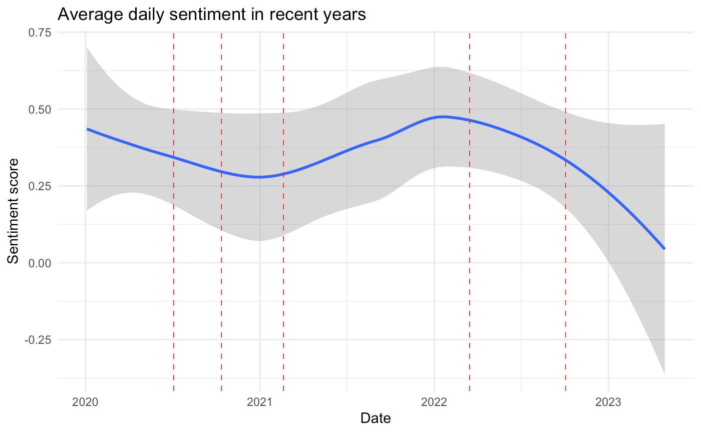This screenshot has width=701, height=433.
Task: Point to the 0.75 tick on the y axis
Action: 40,32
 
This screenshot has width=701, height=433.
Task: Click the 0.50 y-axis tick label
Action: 40,110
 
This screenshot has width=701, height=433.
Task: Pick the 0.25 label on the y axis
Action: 40,186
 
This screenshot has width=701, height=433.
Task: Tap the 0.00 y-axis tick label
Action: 40,263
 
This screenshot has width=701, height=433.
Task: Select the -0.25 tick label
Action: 38,340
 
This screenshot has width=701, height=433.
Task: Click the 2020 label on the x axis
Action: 85,402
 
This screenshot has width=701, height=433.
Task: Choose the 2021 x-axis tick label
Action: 260,402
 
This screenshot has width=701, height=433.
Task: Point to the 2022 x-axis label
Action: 434,402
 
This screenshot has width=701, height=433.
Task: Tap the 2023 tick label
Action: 608,402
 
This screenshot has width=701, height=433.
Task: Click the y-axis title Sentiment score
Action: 13,211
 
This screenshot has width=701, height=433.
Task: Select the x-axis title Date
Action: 376,418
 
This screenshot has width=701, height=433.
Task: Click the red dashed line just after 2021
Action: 283,211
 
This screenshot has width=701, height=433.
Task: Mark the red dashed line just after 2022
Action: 470,211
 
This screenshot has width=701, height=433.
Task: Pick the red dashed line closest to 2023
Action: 565,211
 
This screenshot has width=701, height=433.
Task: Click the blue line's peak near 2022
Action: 443,117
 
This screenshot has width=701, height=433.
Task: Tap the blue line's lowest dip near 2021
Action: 259,177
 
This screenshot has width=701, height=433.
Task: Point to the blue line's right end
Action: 664,249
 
